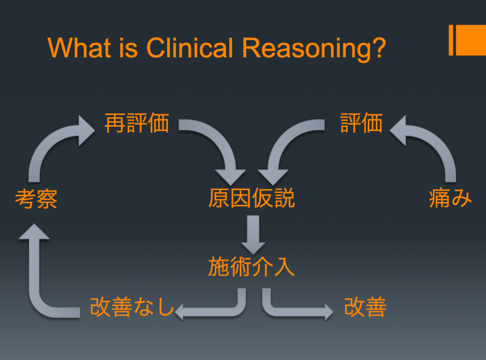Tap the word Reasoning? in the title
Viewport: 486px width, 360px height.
point(313,48)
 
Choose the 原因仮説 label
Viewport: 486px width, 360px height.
point(252,198)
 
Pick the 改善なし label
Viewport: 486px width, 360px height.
point(132,308)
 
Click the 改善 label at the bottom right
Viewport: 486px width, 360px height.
point(365,308)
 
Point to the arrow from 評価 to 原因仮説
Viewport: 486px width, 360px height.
point(285,142)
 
